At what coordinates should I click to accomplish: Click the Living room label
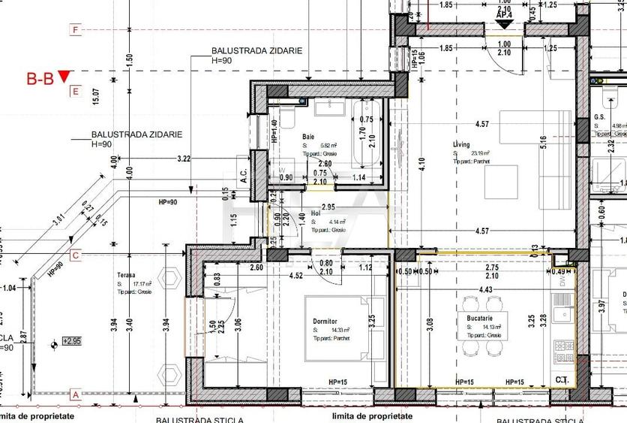coord(460,144)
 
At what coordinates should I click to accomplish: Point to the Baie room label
coord(308,136)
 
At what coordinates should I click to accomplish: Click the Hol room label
coord(316,213)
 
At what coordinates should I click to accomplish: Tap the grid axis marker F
coord(75,30)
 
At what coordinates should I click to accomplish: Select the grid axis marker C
coord(75,255)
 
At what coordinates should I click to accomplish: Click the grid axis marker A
coord(75,394)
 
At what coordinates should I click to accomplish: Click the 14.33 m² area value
coord(331,329)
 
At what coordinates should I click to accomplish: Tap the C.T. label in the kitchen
coord(561,380)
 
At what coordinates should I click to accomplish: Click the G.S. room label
coord(600,117)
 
